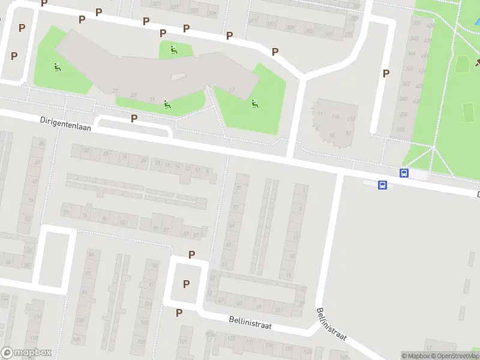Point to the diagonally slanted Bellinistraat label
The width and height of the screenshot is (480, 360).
click(331, 323)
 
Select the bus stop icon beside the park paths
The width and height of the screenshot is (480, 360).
click(404, 173)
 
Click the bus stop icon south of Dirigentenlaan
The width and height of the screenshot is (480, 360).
click(382, 185)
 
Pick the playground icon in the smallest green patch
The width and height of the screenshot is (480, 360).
click(174, 49)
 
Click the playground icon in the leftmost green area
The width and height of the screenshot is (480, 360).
click(58, 67)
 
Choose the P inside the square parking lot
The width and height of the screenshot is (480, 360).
click(186, 284)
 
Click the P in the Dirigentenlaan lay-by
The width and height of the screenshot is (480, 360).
click(134, 118)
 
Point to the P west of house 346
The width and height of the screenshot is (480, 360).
click(386, 73)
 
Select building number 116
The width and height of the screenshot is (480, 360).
click(335, 116)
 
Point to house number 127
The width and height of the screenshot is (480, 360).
click(231, 337)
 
